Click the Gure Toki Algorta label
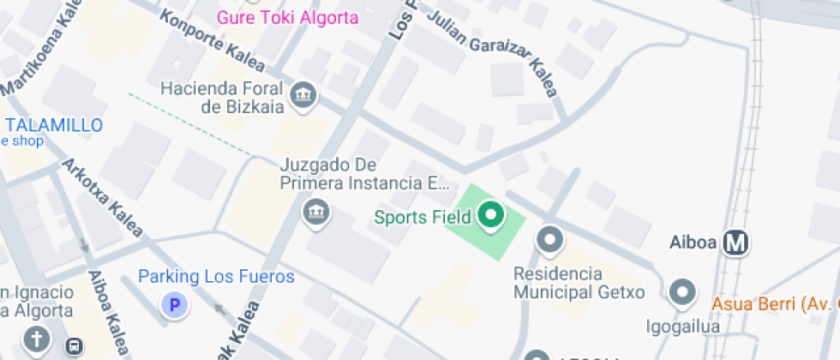(287, 17)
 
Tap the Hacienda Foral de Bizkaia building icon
(302, 97)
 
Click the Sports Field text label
(423, 217)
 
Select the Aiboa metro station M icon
(735, 243)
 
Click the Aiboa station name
(692, 243)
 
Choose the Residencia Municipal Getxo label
(579, 283)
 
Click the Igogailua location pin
(682, 293)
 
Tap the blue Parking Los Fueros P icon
(176, 303)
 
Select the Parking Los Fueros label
(216, 277)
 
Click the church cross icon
(37, 340)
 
